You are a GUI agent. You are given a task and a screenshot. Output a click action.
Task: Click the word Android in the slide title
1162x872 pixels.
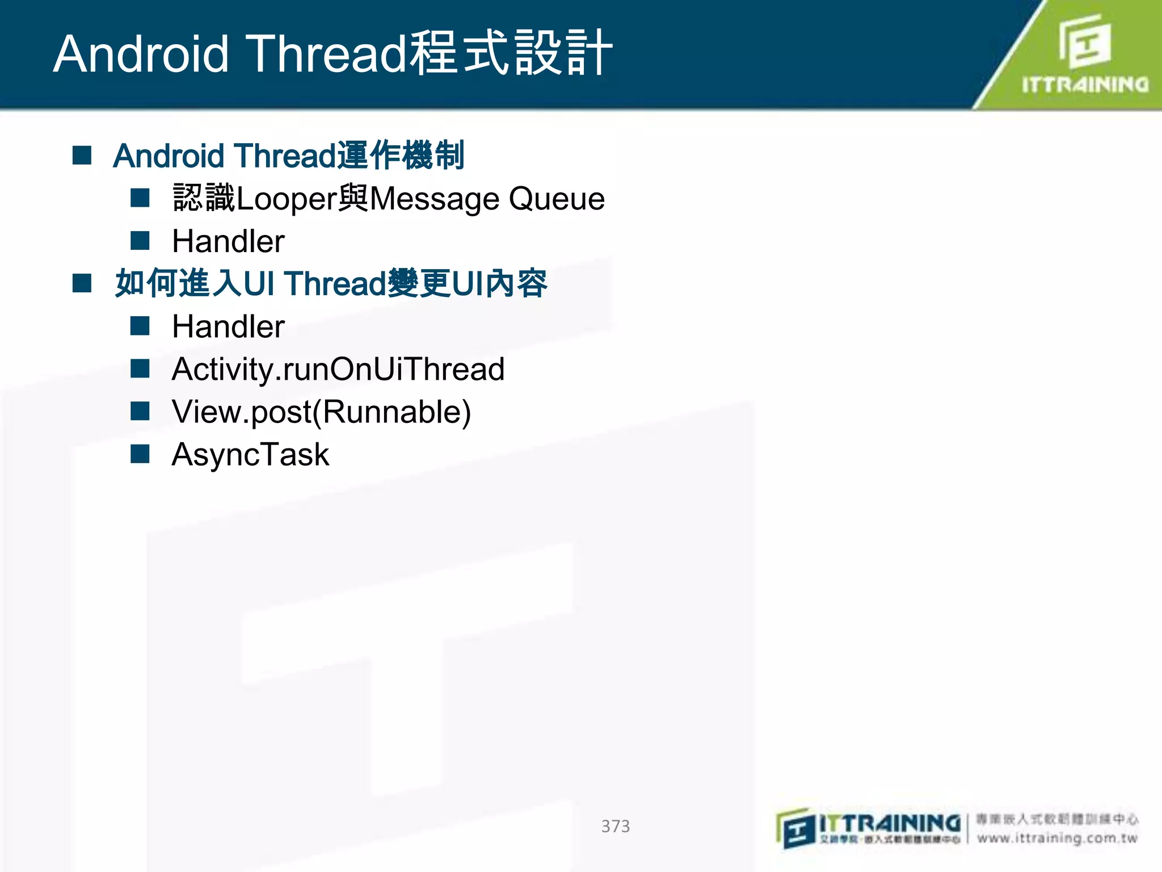(x=141, y=54)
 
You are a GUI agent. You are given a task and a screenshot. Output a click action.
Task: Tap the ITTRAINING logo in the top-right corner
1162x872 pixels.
(x=1084, y=57)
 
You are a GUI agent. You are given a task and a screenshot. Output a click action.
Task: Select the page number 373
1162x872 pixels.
(x=615, y=826)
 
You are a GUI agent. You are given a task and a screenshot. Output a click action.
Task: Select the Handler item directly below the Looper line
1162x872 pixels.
(x=228, y=241)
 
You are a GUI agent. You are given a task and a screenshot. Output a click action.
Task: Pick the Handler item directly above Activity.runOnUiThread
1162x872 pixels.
(x=228, y=326)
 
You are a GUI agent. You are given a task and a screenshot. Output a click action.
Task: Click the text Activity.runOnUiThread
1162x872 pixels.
(x=338, y=370)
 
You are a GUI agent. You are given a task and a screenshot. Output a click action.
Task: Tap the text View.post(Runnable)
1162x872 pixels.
(x=321, y=412)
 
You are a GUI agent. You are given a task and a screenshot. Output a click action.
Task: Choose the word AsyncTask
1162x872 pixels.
(x=250, y=455)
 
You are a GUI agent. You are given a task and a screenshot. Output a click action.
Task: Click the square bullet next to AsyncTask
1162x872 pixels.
(x=140, y=454)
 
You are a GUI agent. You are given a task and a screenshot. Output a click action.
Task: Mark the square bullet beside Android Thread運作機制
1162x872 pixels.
(x=82, y=155)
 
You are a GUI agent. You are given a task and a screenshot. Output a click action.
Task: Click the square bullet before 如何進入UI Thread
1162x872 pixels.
(x=82, y=283)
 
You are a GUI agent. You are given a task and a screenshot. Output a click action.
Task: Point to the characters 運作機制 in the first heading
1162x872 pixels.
(x=401, y=155)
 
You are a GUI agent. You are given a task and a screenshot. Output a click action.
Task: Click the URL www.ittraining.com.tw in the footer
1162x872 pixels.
(x=1057, y=838)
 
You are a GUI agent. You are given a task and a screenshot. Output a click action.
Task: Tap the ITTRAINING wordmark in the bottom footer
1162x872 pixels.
(x=890, y=823)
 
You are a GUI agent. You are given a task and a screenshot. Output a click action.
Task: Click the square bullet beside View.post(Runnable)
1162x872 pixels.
(x=140, y=411)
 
